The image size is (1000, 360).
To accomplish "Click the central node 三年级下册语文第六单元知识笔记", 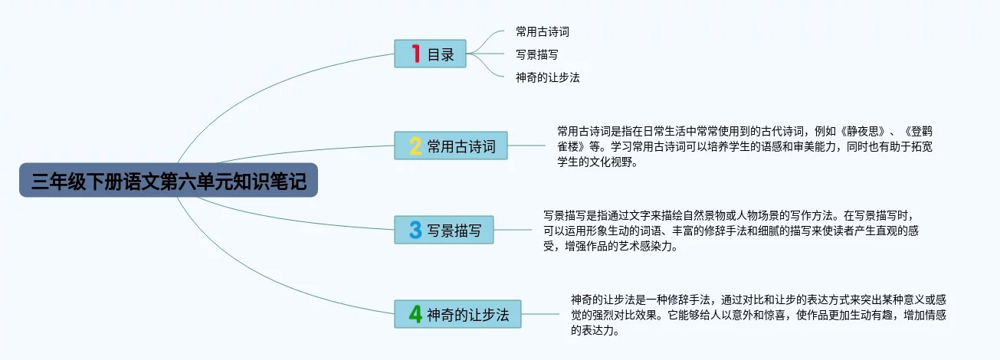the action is (169, 180).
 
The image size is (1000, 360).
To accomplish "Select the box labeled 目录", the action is (430, 54).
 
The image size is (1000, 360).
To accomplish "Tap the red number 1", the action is (416, 54).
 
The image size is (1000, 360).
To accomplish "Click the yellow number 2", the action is (415, 146).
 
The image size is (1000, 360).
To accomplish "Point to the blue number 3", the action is (415, 230).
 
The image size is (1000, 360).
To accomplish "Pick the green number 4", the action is (415, 314).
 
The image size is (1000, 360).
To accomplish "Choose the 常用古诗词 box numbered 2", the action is (451, 146).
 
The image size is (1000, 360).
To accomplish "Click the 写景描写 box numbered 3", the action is (444, 230).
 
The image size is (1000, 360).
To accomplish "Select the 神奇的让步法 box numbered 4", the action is (457, 314).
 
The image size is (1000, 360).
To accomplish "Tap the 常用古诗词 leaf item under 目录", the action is (543, 31).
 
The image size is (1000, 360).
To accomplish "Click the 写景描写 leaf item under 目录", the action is (537, 54).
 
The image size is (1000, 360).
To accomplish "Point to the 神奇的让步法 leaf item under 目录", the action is (548, 77).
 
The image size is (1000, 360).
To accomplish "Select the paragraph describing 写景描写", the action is (731, 231).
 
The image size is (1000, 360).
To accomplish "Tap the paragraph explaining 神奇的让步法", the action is (759, 315).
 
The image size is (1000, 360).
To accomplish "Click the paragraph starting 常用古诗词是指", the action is (745, 146).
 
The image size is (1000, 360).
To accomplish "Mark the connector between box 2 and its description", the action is (526, 146).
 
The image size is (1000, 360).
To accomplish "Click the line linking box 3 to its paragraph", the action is (513, 230).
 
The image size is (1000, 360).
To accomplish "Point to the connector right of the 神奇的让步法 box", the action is (540, 314).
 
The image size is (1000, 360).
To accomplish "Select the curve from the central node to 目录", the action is (259, 90).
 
